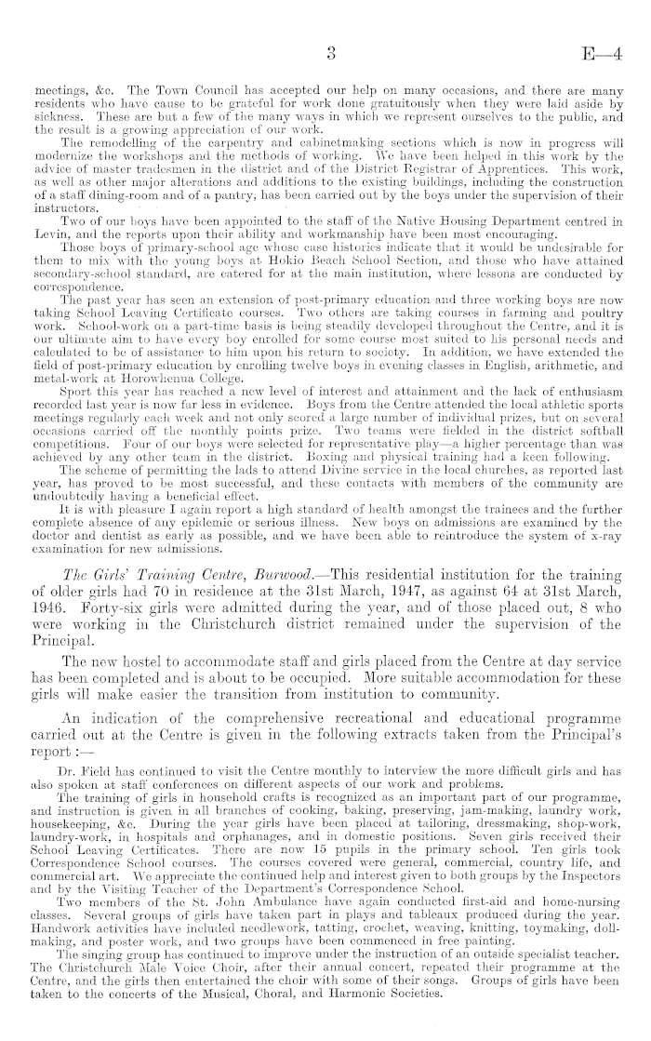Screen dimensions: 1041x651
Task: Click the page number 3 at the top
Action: (331, 55)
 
